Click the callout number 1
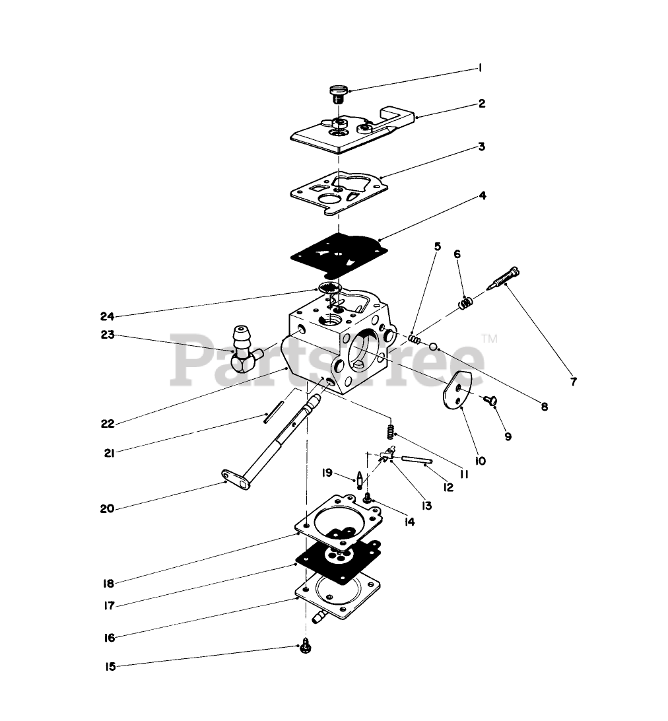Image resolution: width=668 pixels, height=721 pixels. pyautogui.click(x=481, y=68)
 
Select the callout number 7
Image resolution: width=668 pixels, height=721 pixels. pyautogui.click(x=573, y=382)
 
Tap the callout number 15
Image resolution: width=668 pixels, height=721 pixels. pyautogui.click(x=110, y=667)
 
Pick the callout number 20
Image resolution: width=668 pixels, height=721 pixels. pyautogui.click(x=107, y=508)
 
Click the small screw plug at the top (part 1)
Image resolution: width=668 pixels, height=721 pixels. pyautogui.click(x=338, y=93)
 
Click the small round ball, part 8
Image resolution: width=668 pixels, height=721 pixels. pyautogui.click(x=434, y=347)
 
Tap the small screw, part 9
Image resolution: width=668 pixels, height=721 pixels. pyautogui.click(x=491, y=401)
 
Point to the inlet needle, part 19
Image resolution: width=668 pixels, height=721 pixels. pyautogui.click(x=359, y=479)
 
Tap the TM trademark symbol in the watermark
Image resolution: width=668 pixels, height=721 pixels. pyautogui.click(x=489, y=338)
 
